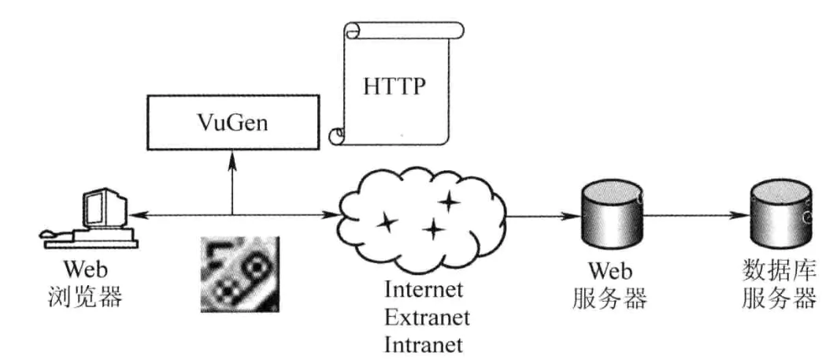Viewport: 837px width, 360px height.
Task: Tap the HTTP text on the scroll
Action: click(394, 86)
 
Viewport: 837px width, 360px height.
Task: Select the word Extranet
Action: click(426, 317)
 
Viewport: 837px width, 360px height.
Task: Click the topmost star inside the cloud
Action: click(449, 202)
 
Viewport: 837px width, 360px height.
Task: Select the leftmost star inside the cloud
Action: click(387, 224)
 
